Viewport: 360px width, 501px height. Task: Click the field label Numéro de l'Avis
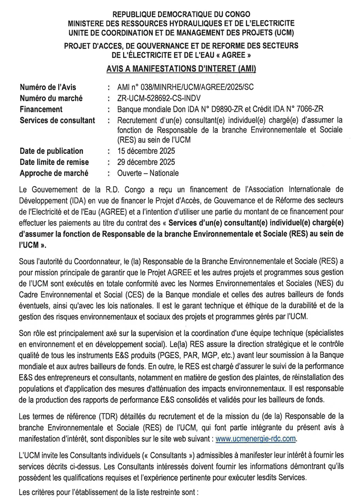coord(48,87)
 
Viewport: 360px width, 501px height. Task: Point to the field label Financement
coord(42,109)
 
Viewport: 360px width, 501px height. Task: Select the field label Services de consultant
coord(58,120)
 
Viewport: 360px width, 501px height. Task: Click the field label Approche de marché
coord(54,173)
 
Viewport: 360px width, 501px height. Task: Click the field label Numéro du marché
coord(51,98)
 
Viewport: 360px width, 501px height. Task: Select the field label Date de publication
coord(52,151)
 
